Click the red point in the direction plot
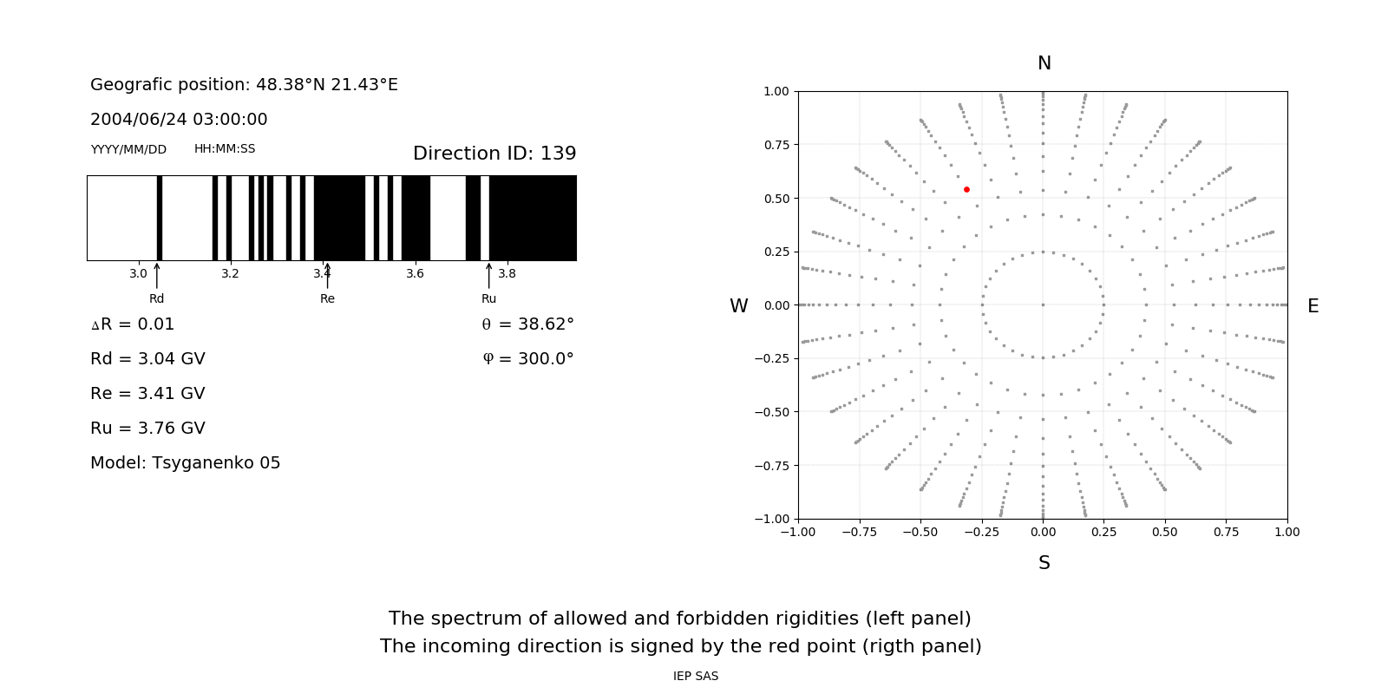966,189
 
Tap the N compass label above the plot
1044,63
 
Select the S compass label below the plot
1044,563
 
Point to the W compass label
738,306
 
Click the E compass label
1313,306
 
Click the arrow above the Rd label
156,276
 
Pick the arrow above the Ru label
488,276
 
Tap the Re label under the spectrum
327,298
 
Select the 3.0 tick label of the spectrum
138,273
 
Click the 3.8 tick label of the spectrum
507,273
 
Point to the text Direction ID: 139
494,154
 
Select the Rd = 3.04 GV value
147,359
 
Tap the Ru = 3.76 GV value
147,429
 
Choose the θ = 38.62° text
527,324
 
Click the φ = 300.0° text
528,359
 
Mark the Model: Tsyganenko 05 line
186,463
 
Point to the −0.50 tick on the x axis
920,532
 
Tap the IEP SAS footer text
695,676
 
